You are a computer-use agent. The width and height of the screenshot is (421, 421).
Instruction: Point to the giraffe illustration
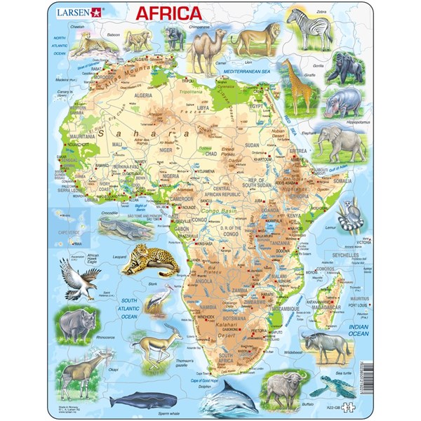click(295, 84)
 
